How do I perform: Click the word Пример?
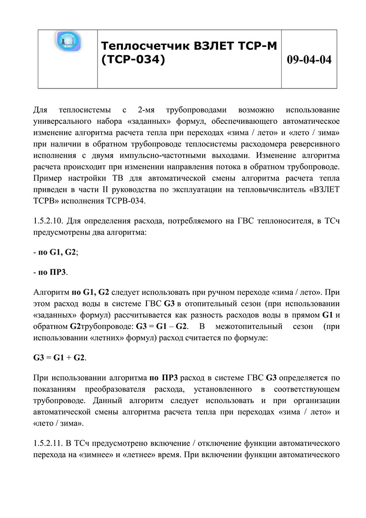pyautogui.click(x=48, y=178)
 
